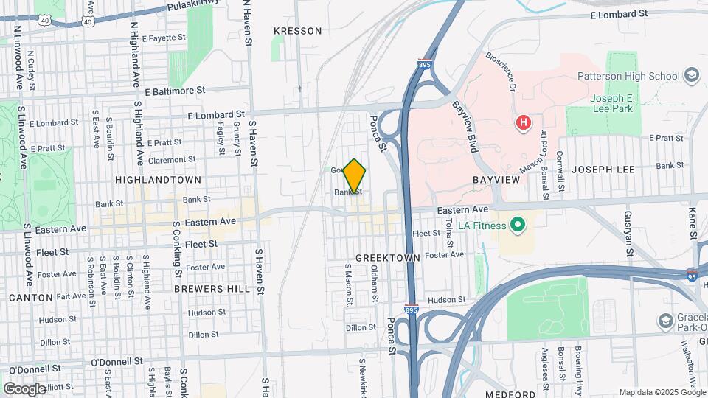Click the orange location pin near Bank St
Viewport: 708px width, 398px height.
pos(355,177)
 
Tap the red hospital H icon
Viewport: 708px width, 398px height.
pos(524,122)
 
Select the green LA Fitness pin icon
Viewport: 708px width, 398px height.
pos(518,225)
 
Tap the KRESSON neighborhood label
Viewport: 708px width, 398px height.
pos(297,31)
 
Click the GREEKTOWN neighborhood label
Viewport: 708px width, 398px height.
pos(387,258)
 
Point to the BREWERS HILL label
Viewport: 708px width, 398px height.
pos(212,289)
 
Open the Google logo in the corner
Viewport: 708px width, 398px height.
pos(24,388)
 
